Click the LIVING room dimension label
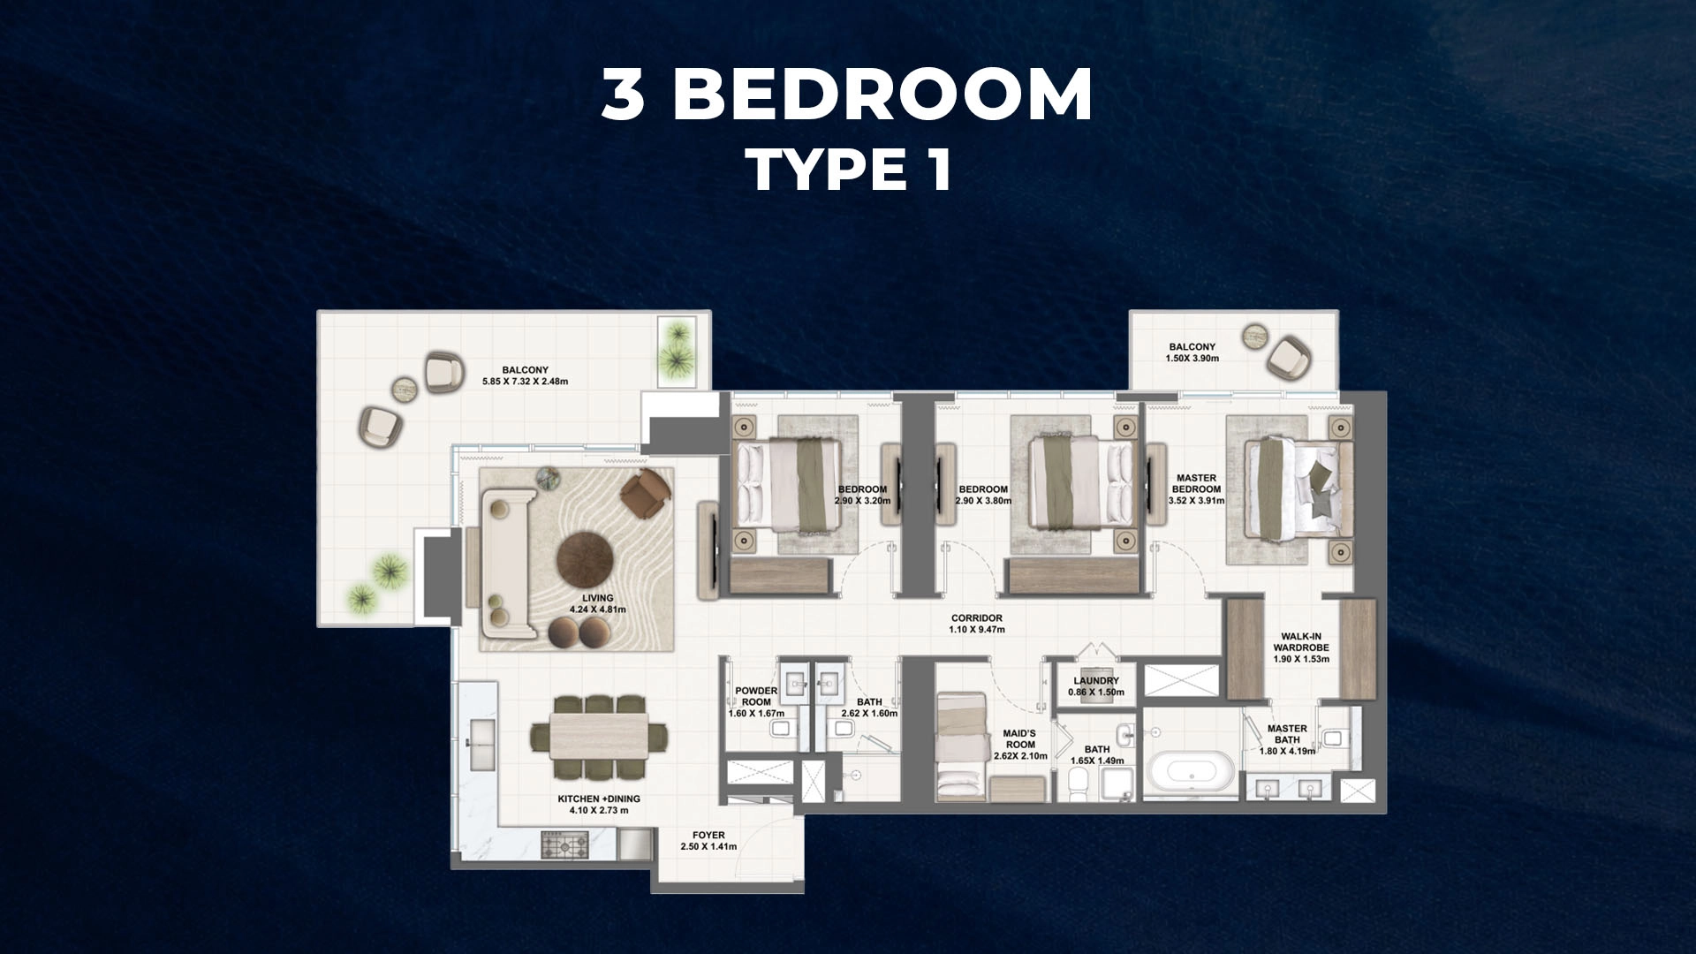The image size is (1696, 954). [x=597, y=604]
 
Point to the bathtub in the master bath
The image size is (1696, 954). [x=1189, y=772]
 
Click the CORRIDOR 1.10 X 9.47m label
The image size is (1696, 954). [x=976, y=624]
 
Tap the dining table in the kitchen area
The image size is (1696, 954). [x=599, y=738]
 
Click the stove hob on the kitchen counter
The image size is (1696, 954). [x=558, y=845]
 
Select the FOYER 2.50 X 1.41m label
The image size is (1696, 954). [x=708, y=841]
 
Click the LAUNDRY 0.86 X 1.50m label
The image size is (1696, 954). [x=1095, y=686]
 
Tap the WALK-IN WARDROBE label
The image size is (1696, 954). [x=1301, y=647]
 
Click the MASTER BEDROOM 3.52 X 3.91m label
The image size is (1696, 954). [x=1196, y=489]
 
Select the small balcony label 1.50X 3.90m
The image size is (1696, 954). [x=1192, y=352]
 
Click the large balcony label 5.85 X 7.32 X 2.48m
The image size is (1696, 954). [x=525, y=375]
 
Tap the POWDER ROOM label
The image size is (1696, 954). [x=756, y=702]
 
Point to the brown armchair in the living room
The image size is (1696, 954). [x=646, y=492]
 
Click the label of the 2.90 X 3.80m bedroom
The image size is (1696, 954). [x=983, y=495]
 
